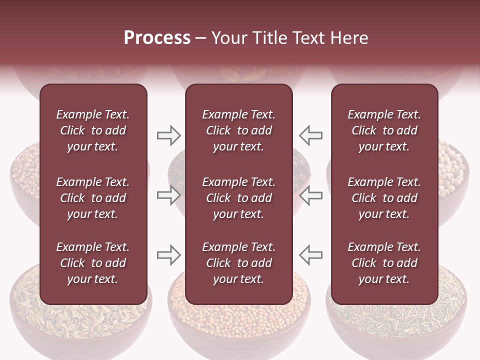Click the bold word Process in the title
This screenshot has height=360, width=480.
pyautogui.click(x=157, y=37)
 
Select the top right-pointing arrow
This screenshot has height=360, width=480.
pyautogui.click(x=168, y=135)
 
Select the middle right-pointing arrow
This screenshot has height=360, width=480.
pyautogui.click(x=168, y=195)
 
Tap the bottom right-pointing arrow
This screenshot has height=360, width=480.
pyautogui.click(x=168, y=255)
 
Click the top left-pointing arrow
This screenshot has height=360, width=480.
pyautogui.click(x=311, y=135)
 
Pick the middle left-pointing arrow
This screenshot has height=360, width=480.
pyautogui.click(x=311, y=195)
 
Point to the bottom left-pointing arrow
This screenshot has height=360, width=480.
pyautogui.click(x=311, y=255)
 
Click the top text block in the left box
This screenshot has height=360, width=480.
pyautogui.click(x=93, y=130)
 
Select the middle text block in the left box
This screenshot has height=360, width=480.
pyautogui.click(x=93, y=198)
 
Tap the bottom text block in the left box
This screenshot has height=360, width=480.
pyautogui.click(x=93, y=263)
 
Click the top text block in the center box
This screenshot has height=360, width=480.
pyautogui.click(x=238, y=130)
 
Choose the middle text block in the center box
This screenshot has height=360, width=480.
pyautogui.click(x=238, y=198)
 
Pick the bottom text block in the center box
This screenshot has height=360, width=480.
pyautogui.click(x=238, y=263)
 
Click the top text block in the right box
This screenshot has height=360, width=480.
pyautogui.click(x=384, y=130)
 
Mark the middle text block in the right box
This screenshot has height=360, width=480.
pyautogui.click(x=384, y=198)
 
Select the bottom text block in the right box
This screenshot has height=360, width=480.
pyautogui.click(x=384, y=263)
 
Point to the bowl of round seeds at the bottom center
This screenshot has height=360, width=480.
pyautogui.click(x=239, y=325)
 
